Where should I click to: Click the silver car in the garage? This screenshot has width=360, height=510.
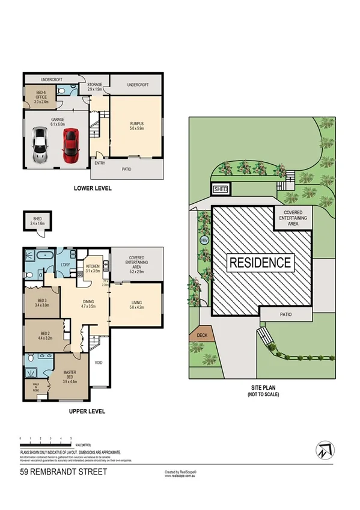[41, 146]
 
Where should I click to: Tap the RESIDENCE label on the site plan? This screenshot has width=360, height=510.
[260, 262]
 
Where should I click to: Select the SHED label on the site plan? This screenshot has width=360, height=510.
[221, 189]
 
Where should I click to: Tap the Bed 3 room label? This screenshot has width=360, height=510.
[42, 302]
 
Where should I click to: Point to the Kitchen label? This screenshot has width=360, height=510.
[93, 268]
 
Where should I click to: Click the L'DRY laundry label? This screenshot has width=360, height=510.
[66, 265]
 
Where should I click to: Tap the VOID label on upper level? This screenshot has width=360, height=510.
[99, 363]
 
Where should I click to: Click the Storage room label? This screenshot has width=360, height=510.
[94, 87]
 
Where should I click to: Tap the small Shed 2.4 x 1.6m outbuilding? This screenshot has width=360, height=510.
[37, 222]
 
